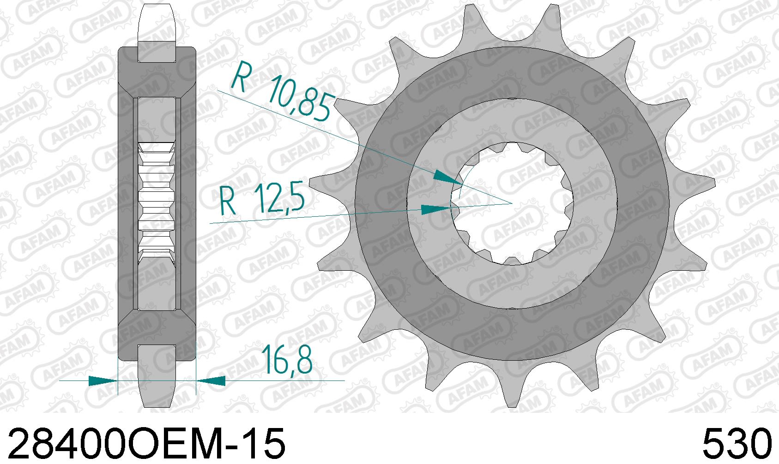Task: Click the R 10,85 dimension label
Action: point(281,95)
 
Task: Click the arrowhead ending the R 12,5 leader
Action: point(437,210)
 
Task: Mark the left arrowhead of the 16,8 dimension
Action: point(103,381)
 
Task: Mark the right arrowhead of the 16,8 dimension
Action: point(212,381)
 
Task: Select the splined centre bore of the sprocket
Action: point(513,203)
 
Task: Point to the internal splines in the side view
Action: point(157,203)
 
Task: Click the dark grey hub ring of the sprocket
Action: point(513,74)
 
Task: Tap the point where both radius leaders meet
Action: point(512,203)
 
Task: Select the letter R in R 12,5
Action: point(228,202)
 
